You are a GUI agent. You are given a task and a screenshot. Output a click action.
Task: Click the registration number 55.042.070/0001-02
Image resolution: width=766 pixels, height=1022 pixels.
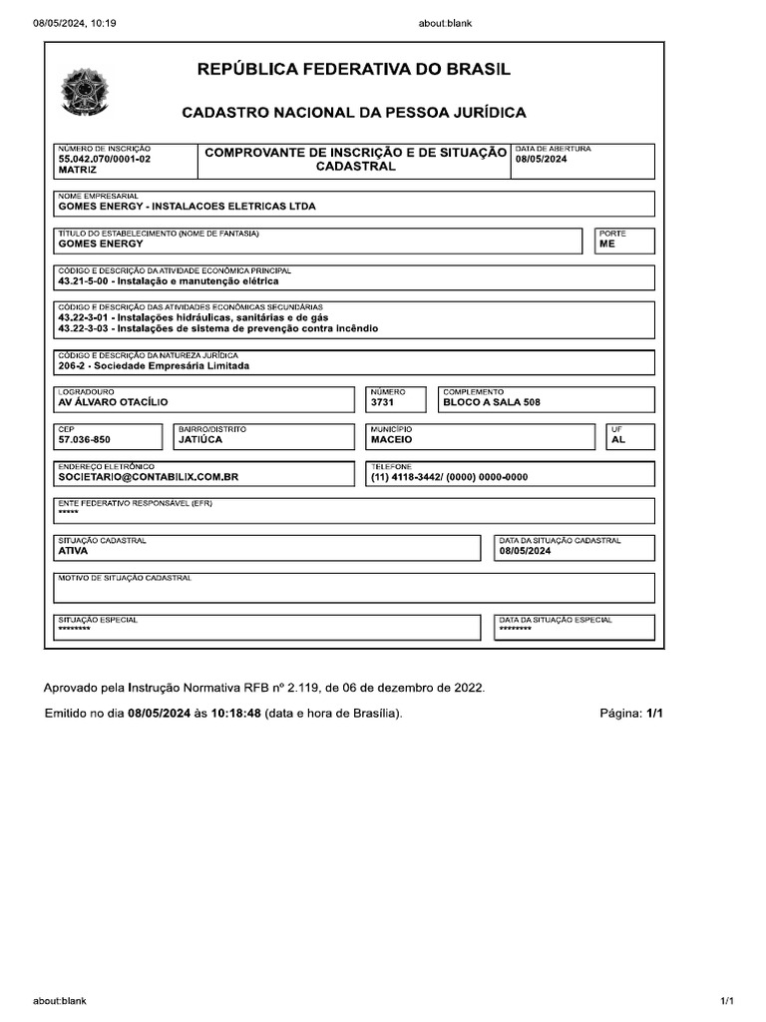click(105, 159)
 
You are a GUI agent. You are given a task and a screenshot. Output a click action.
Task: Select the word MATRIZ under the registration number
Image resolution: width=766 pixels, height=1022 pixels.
click(78, 171)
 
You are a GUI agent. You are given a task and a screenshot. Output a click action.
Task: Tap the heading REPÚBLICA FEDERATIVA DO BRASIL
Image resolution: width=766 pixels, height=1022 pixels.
click(354, 70)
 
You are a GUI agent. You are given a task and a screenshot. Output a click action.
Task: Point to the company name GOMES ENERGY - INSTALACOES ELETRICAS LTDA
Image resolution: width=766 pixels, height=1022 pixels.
click(188, 207)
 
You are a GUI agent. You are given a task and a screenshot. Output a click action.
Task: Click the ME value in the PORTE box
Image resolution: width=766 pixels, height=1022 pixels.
click(607, 244)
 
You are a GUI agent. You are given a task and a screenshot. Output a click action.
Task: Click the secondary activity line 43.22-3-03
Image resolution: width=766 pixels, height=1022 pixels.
click(218, 328)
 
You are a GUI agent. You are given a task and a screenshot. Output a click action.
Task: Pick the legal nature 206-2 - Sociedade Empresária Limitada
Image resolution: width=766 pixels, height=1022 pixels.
click(154, 365)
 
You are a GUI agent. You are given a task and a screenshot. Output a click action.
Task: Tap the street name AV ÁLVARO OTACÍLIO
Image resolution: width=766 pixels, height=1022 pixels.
click(114, 402)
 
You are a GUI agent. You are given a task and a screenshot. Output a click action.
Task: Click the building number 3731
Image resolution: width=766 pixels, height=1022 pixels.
click(382, 402)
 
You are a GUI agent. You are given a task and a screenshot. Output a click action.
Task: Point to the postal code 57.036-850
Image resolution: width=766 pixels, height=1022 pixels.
click(85, 439)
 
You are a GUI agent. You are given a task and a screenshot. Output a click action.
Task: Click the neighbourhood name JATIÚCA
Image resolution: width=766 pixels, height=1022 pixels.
click(200, 439)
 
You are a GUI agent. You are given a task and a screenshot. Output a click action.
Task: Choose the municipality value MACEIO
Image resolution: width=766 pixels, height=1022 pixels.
click(392, 439)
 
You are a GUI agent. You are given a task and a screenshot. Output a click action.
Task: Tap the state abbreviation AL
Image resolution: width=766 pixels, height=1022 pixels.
click(618, 439)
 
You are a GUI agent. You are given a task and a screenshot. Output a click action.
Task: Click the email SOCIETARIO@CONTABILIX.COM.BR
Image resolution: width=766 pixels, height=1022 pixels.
click(149, 477)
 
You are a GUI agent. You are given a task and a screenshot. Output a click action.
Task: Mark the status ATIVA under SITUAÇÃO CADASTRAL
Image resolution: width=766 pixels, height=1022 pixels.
click(74, 550)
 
